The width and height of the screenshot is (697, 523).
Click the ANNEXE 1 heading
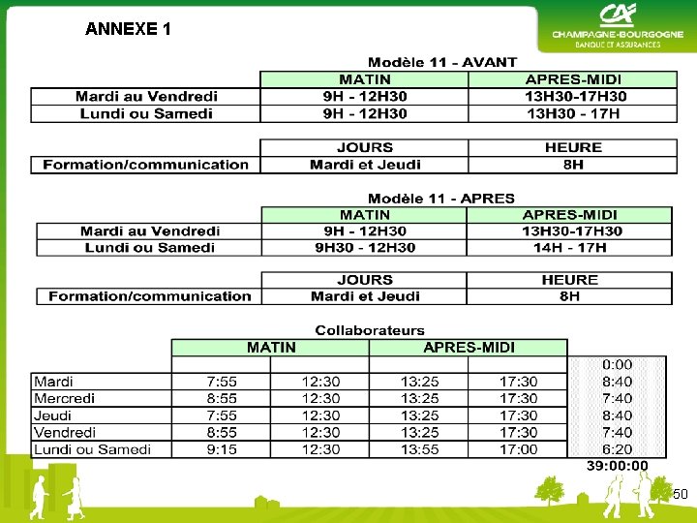tap(128, 29)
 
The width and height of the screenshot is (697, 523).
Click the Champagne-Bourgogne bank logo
tap(617, 26)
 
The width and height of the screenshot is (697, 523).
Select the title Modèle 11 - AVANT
tap(442, 63)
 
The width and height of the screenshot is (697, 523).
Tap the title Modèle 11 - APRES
tap(441, 199)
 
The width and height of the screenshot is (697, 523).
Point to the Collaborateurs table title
tap(370, 330)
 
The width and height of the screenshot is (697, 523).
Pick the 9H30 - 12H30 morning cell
tap(365, 248)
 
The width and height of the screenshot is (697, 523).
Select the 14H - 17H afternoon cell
tap(569, 248)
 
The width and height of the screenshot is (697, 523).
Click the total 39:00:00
tap(618, 466)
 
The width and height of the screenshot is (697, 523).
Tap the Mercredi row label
tap(65, 398)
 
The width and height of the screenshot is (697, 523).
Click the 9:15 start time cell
tap(222, 449)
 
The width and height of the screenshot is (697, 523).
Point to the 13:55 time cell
tap(420, 449)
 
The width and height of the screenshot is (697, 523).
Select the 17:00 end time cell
tap(518, 449)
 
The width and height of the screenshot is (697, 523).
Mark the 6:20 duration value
tap(617, 449)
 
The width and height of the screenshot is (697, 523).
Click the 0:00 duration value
tap(617, 364)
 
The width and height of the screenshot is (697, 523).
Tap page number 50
tap(681, 495)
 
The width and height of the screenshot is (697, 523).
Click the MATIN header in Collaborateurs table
tap(271, 348)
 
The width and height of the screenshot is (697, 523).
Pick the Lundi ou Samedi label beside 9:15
tap(92, 449)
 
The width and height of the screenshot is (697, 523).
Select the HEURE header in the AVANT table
tap(573, 147)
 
